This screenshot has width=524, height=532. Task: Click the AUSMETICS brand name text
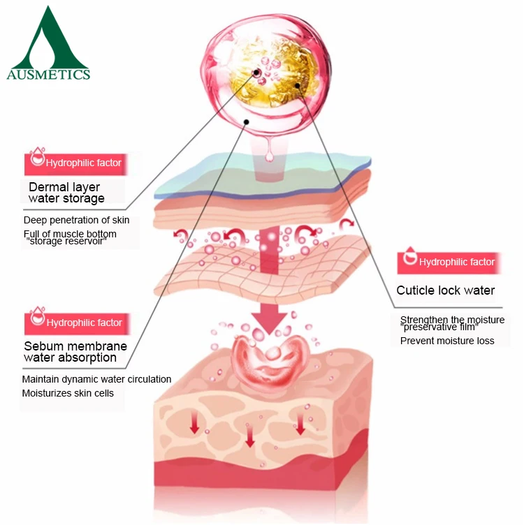click(48, 73)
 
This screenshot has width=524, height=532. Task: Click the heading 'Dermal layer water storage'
click(66, 193)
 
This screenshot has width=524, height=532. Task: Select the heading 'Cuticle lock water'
click(445, 290)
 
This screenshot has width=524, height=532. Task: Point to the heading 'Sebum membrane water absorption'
click(75, 352)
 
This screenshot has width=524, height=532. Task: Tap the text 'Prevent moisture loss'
click(447, 341)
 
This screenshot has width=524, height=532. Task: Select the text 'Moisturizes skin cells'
click(68, 393)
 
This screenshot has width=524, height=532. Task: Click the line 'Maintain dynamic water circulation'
click(96, 379)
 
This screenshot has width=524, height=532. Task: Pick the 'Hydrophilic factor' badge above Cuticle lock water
click(446, 263)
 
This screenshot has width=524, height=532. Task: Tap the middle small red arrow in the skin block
click(250, 436)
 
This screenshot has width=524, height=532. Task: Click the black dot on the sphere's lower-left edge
click(245, 121)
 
